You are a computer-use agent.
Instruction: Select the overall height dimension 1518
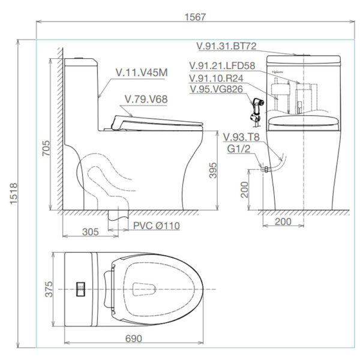[x=13, y=193]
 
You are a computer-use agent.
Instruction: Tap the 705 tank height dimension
[x=47, y=152]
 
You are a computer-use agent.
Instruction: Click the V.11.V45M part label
[x=141, y=73]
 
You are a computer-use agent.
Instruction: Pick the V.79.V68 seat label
[x=145, y=98]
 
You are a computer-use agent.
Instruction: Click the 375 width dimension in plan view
[x=48, y=289]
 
